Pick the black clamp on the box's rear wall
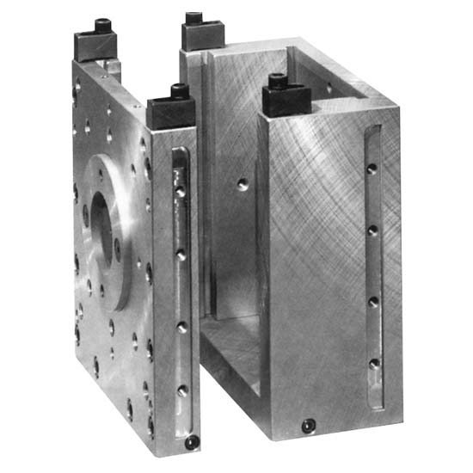(x=203, y=35)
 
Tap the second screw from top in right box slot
(x=372, y=230)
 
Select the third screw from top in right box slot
(x=373, y=301)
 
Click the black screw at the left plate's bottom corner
(x=191, y=442)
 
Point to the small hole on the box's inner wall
(x=243, y=182)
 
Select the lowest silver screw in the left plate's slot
(x=182, y=391)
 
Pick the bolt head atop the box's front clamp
(x=277, y=80)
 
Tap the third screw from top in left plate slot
(x=181, y=327)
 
